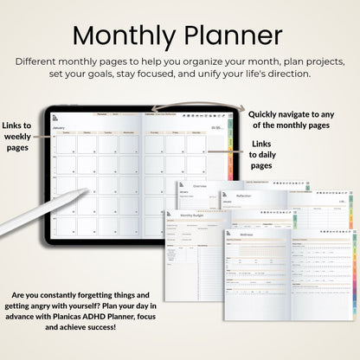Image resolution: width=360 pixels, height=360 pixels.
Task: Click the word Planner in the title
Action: click(234, 35)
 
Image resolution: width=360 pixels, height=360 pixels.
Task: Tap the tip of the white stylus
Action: click(87, 190)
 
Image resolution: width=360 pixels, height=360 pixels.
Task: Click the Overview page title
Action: click(200, 187)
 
